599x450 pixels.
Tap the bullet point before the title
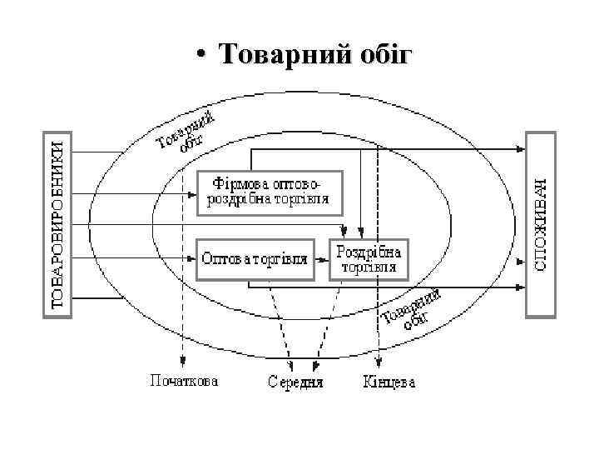(x=201, y=57)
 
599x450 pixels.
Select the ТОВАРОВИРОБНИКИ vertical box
(x=57, y=222)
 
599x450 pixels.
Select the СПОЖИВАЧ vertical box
(x=539, y=222)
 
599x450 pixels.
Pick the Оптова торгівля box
(x=255, y=259)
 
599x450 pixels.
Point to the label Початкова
(x=184, y=382)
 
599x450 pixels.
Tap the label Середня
(x=295, y=383)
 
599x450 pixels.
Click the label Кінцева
(x=389, y=382)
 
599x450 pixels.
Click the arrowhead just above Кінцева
(x=379, y=363)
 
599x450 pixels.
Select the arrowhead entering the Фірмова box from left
(x=193, y=193)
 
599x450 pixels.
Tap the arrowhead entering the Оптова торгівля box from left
(x=193, y=259)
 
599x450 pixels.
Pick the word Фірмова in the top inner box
(x=237, y=181)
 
